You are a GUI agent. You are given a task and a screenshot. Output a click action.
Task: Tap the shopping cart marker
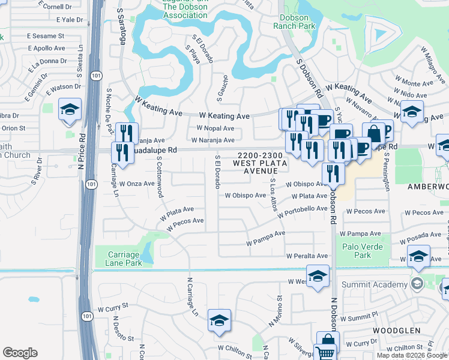coord(327,349)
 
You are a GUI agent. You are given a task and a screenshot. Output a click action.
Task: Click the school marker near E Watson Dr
coord(70,110)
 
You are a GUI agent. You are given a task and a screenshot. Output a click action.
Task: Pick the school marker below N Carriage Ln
coord(220,320)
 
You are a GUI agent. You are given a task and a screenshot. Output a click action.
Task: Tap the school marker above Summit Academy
coord(418,256)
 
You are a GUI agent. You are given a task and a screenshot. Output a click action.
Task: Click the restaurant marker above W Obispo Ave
coord(333,173)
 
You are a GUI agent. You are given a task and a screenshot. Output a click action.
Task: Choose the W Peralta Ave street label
coord(307,256)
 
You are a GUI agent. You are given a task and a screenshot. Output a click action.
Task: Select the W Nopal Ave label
coord(215,128)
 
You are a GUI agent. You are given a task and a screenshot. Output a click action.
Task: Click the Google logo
coord(20,353)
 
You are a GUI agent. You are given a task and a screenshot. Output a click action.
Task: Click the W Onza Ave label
coord(137,184)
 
